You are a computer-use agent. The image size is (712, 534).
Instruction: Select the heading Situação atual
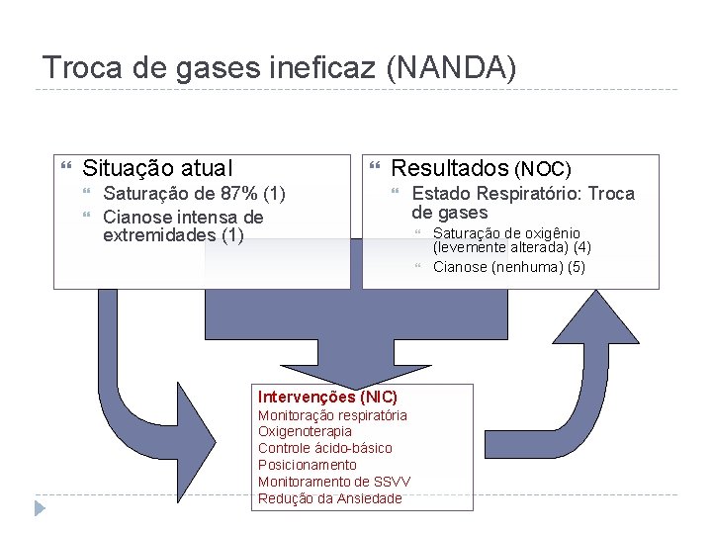(157, 169)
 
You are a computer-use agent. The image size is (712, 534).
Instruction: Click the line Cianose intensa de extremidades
(183, 225)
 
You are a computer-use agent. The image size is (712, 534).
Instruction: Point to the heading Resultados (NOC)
(481, 169)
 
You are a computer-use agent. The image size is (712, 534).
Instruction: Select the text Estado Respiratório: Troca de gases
(522, 203)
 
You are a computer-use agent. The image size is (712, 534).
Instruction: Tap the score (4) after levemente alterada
(581, 247)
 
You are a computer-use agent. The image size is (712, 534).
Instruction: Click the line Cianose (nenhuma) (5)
(509, 267)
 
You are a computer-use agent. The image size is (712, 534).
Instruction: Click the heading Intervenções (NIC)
(327, 397)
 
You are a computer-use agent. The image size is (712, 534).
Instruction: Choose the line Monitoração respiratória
(332, 415)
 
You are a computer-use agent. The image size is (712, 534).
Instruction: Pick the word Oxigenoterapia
(305, 431)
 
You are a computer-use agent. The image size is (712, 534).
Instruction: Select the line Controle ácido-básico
(324, 448)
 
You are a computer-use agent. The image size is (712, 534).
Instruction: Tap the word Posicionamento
(308, 465)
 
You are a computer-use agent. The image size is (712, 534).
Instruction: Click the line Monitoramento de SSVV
(334, 482)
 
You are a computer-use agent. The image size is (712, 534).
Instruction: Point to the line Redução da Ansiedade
(330, 498)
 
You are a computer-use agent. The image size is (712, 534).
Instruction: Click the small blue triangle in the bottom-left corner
(40, 508)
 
